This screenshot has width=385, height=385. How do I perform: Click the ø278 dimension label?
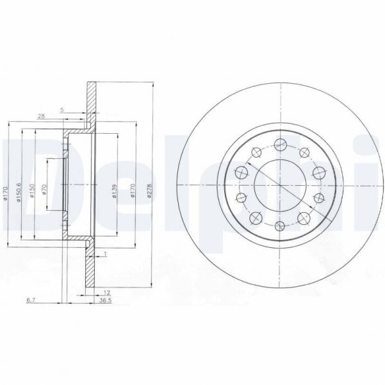149,190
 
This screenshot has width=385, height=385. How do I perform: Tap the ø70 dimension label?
44,190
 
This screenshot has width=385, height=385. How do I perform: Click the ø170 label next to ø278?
133,191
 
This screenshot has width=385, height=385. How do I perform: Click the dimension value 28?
41,115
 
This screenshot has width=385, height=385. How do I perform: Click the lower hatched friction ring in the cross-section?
91,269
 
